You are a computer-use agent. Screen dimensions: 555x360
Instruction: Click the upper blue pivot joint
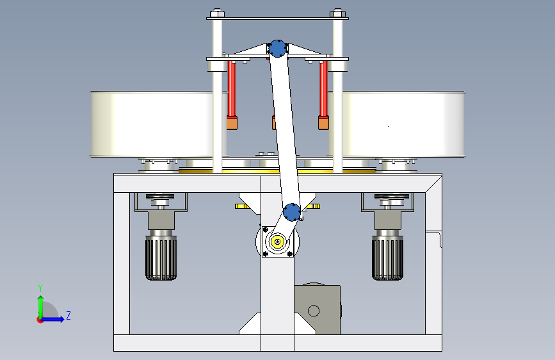coord(277,48)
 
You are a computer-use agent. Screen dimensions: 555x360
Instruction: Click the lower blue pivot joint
coord(291,211)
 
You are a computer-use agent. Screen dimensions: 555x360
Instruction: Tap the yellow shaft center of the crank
coord(278,241)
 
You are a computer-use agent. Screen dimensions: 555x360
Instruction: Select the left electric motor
coord(161,257)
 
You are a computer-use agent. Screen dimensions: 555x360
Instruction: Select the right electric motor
coord(388,257)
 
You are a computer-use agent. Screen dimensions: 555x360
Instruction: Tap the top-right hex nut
coord(337,12)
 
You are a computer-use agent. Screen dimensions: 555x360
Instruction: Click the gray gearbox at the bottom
coord(317,309)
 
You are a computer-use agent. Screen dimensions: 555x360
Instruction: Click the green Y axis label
coord(40,288)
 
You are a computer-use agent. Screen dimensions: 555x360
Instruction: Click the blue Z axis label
coord(68,315)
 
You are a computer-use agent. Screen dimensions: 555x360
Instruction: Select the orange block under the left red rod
coord(232,122)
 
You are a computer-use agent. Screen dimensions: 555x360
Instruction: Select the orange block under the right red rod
coord(324,122)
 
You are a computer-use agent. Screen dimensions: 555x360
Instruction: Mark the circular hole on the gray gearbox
coord(314,311)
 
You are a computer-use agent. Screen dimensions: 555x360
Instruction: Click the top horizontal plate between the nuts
coord(277,18)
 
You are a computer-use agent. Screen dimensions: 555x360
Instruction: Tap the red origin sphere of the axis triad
coord(40,319)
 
